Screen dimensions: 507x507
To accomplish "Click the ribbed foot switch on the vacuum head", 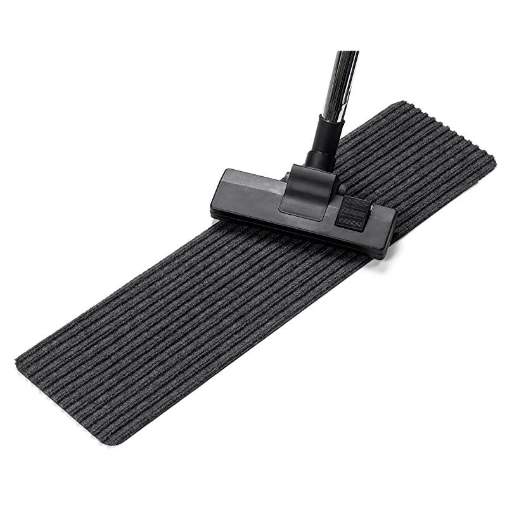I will pyautogui.click(x=352, y=212).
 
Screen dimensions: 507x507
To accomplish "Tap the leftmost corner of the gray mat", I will pyautogui.click(x=18, y=363).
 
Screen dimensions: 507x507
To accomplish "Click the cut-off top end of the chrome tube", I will pyautogui.click(x=347, y=53).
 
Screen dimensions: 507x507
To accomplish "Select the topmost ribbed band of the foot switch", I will pyautogui.click(x=354, y=202).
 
